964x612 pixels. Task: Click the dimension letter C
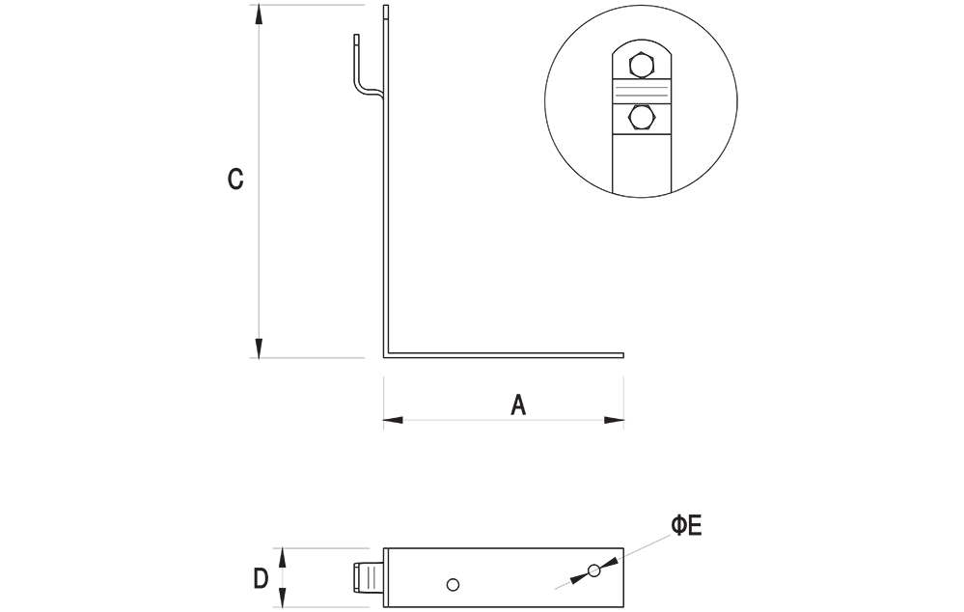(235, 179)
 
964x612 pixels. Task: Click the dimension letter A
(518, 404)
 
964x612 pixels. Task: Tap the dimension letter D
(261, 579)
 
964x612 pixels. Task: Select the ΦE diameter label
(686, 526)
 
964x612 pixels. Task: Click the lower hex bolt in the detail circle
(641, 118)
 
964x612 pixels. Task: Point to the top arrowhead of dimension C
(259, 14)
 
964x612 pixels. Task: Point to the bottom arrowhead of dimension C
(259, 348)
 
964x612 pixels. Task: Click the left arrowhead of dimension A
(393, 420)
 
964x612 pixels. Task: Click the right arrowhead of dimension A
(614, 420)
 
